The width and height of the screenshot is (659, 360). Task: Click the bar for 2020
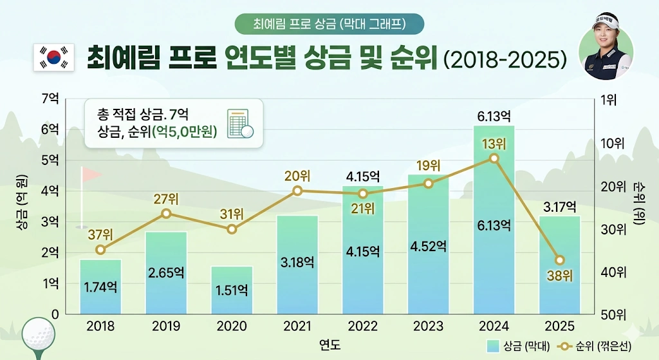coord(232,290)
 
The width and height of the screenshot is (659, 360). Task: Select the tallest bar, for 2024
coord(494,219)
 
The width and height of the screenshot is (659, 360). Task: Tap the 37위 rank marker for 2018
coord(100,250)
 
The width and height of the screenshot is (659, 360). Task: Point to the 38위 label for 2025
coord(559,276)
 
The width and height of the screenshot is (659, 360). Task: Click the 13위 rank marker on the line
coord(494,158)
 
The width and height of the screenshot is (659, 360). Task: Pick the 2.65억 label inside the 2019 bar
coord(166,272)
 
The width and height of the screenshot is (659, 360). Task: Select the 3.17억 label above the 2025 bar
coord(559,207)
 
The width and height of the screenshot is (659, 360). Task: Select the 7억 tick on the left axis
coord(50,99)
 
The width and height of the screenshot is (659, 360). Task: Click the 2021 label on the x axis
coord(297,327)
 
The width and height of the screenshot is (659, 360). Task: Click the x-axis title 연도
coord(329,345)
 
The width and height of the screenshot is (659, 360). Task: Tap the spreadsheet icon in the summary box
coord(239,123)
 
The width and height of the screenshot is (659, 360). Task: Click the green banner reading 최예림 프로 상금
coord(329,24)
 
